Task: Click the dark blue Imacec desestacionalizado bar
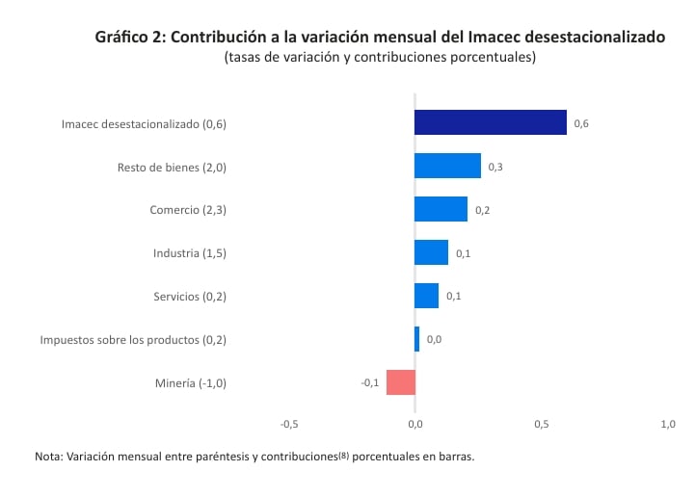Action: tap(490, 122)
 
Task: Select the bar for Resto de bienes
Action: tap(447, 166)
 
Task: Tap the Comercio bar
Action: tap(441, 209)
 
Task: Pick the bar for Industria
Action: tap(431, 252)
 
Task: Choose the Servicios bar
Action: tap(426, 296)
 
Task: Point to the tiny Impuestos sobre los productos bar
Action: tap(416, 339)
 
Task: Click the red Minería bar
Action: tap(400, 382)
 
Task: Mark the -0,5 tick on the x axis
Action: tap(288, 424)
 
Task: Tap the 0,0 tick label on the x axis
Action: tap(414, 424)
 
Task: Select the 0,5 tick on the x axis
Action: tap(542, 424)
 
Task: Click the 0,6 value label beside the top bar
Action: tap(581, 123)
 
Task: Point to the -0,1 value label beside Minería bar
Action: tap(369, 383)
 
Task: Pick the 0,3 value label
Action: tap(495, 167)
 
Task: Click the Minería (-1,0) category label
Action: tap(190, 383)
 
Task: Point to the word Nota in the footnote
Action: tap(47, 458)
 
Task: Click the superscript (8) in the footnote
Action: tap(343, 456)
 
